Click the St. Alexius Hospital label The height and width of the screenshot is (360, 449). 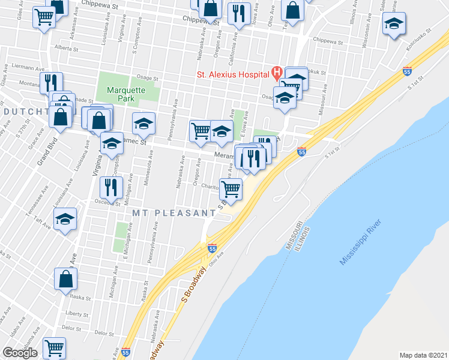pyautogui.click(x=233, y=74)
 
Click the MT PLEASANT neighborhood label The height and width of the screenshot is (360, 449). pyautogui.click(x=170, y=213)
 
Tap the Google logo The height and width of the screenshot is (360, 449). pyautogui.click(x=20, y=353)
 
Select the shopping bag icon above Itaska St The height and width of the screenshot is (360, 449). pyautogui.click(x=65, y=278)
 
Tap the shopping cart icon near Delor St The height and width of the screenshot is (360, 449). pyautogui.click(x=54, y=347)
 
